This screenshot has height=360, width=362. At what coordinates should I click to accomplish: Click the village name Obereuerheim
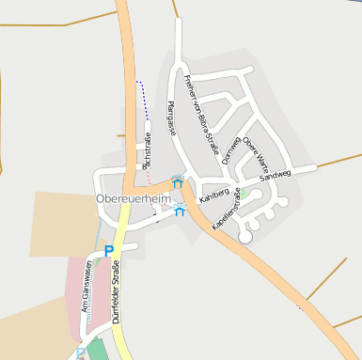[134, 199]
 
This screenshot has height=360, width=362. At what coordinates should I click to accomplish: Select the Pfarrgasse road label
[171, 118]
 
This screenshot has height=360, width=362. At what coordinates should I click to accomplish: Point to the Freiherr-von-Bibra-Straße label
[202, 119]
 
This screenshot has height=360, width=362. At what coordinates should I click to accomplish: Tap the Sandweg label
[275, 174]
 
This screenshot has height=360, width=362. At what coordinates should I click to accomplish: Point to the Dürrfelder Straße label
[117, 295]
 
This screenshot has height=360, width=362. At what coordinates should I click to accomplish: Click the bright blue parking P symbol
[109, 251]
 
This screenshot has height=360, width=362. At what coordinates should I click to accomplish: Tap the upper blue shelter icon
[177, 181]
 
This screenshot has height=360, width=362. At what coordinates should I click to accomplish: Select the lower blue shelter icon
[180, 211]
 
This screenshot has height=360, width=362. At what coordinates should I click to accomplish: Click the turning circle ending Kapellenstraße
[245, 238]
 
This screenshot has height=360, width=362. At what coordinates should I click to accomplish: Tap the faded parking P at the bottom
[82, 354]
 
